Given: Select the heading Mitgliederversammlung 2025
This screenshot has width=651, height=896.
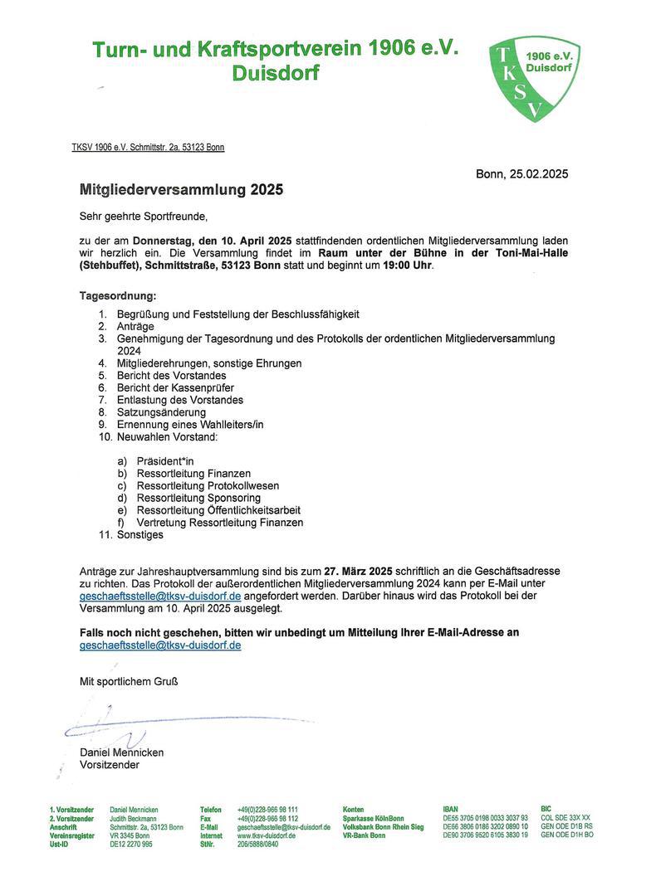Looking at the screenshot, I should [181, 189].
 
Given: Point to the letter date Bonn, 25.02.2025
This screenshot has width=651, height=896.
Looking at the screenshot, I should [521, 174].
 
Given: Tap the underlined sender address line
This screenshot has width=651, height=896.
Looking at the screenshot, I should [148, 148].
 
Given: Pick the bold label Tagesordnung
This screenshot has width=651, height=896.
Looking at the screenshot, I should [117, 295].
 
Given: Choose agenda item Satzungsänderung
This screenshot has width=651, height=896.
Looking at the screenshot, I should [161, 412].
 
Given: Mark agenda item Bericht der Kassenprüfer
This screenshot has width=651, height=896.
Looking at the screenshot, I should [175, 387].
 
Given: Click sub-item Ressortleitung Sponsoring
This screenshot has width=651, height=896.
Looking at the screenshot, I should [198, 498].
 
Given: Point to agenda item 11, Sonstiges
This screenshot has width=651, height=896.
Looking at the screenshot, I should [139, 535].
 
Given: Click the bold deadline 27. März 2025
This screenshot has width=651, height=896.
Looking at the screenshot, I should [358, 572].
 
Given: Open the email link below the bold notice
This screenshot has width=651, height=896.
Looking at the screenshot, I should [160, 645].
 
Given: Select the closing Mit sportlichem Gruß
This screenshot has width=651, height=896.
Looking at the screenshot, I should [129, 682].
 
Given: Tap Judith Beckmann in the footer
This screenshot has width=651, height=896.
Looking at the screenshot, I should [133, 818].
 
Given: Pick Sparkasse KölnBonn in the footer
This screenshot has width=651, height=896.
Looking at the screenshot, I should [373, 818].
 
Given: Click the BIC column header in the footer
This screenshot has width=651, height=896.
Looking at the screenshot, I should [546, 809].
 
